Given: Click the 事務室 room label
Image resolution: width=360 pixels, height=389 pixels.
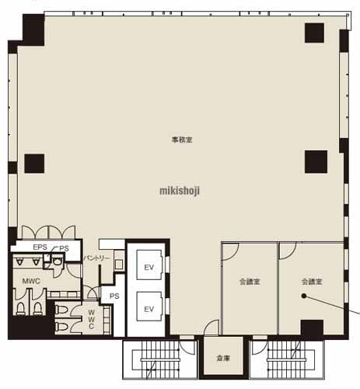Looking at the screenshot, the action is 182,140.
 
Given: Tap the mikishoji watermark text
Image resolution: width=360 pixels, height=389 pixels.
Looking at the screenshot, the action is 180,191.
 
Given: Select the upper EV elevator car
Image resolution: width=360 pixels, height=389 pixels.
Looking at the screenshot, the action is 149,265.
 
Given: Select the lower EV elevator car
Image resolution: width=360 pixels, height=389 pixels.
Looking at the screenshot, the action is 149,307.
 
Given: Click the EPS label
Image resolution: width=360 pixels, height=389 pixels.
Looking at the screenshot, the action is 40,247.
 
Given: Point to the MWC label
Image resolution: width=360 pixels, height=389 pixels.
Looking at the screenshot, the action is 31,281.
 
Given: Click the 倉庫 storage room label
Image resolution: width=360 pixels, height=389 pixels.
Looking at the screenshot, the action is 223,359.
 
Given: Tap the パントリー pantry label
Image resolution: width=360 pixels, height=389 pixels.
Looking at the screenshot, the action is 97,258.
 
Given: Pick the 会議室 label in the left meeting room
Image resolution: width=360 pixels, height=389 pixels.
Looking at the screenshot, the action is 250,282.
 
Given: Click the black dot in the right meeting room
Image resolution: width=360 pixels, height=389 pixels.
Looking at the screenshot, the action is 304,296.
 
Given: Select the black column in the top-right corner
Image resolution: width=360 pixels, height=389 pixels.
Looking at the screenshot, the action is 314,33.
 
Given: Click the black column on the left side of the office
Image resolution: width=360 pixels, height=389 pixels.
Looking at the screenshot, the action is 34,163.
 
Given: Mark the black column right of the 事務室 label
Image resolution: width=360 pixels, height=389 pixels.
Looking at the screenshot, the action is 316,162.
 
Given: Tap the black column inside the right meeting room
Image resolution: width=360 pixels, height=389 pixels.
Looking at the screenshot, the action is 312,328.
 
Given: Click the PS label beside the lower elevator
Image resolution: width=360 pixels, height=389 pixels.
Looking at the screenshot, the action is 114,296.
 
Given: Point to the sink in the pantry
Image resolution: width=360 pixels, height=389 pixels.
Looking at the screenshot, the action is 119,265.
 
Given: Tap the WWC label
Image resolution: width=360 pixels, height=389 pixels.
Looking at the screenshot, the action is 91,319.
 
